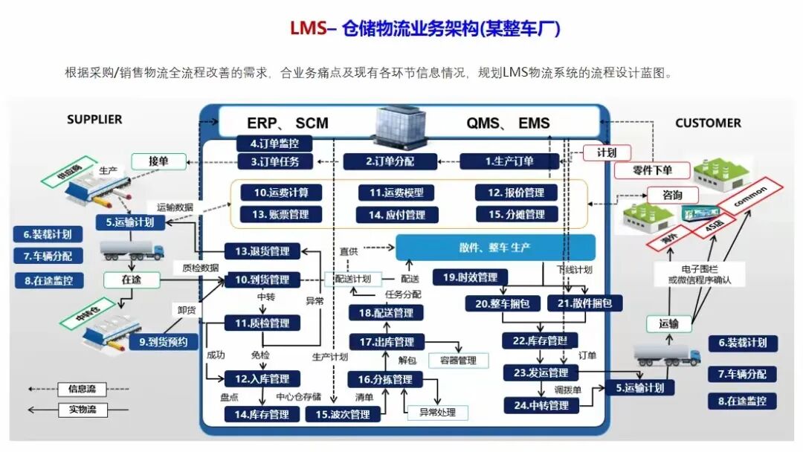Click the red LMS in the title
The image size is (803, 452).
tap(308, 28)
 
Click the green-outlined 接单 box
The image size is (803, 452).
tap(158, 161)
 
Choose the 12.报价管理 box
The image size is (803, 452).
tap(516, 193)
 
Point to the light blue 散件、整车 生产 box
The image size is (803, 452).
tap(494, 248)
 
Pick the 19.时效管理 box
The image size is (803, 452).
tap(470, 277)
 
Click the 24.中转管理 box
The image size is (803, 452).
tap(541, 405)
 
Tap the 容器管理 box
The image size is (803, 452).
tap(458, 361)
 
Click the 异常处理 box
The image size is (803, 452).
tap(437, 412)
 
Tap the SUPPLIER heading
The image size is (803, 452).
tap(94, 119)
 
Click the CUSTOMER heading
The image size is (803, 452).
tap(708, 123)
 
